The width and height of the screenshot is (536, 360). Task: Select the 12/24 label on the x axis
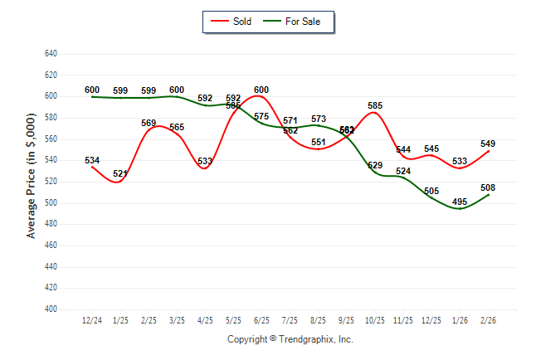(92, 320)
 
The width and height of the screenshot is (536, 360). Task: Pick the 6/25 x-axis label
(261, 320)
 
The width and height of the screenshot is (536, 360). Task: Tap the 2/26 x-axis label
(487, 320)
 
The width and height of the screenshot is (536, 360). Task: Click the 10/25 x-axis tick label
(375, 320)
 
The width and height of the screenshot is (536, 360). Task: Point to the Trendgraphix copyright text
(290, 339)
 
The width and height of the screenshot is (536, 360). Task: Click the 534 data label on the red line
(92, 160)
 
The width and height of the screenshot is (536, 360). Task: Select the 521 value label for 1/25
(120, 173)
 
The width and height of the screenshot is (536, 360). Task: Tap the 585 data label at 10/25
(375, 105)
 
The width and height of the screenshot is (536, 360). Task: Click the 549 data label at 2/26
(488, 144)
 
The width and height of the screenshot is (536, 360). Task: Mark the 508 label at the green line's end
(488, 187)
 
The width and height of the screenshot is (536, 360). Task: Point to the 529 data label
(375, 166)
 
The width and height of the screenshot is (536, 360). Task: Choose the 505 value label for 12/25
(431, 191)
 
